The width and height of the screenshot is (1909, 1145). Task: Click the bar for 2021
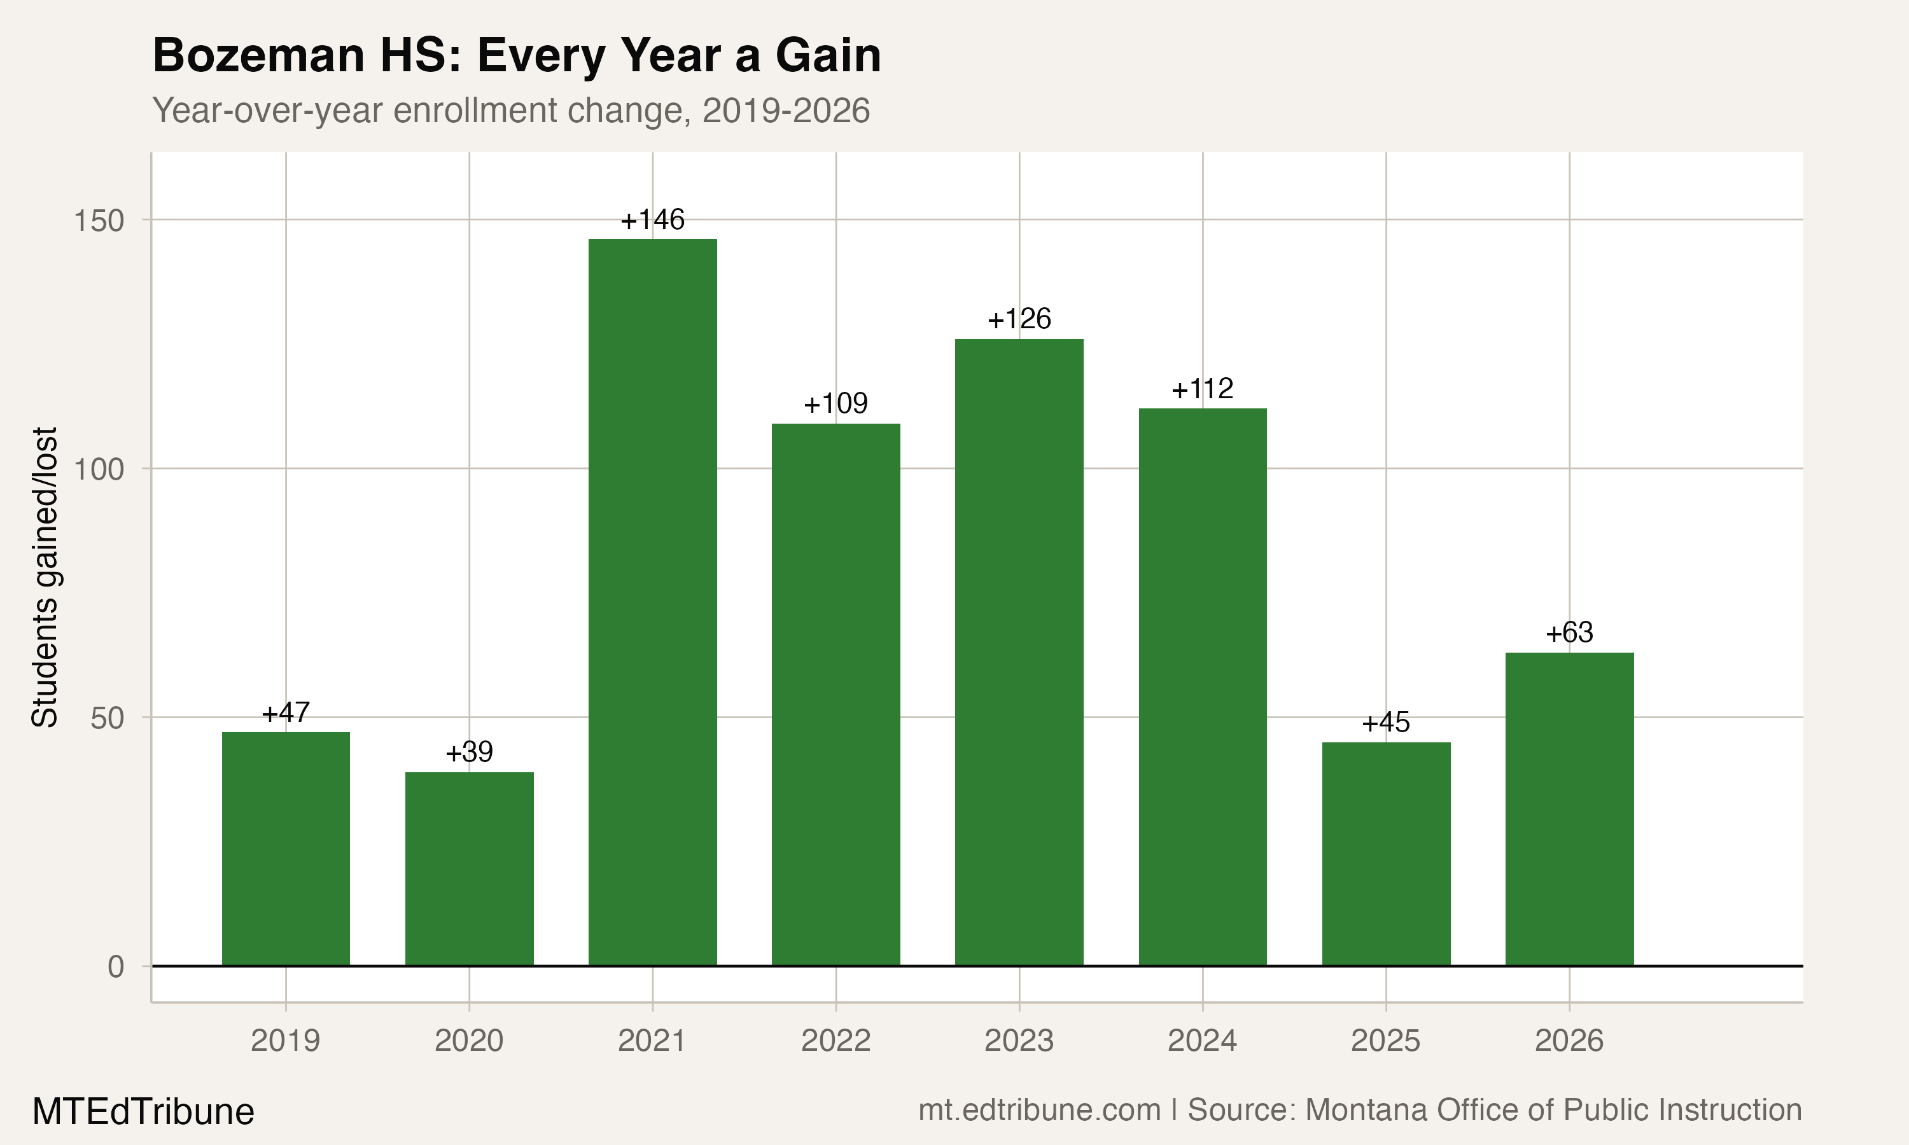(653, 602)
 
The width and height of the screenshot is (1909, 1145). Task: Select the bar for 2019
(286, 849)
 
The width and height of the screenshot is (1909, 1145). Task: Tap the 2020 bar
(469, 869)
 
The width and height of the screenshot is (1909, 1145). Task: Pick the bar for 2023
(1019, 652)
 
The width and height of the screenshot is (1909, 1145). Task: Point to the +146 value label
(653, 220)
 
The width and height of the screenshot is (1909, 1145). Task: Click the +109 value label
(836, 403)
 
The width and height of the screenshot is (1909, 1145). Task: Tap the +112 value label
(1202, 389)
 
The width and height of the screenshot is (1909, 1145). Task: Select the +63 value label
(1569, 633)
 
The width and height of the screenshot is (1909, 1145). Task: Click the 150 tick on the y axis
(99, 221)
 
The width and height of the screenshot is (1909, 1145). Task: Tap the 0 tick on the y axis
(116, 967)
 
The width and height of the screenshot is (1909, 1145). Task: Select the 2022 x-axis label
(836, 1041)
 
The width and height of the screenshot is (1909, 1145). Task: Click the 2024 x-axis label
(1202, 1041)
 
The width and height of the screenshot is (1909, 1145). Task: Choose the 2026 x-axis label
(1569, 1041)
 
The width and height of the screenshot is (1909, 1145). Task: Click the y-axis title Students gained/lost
(45, 577)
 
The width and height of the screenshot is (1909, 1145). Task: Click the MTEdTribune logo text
(144, 1112)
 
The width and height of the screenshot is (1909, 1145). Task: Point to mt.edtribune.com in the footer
(1039, 1110)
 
